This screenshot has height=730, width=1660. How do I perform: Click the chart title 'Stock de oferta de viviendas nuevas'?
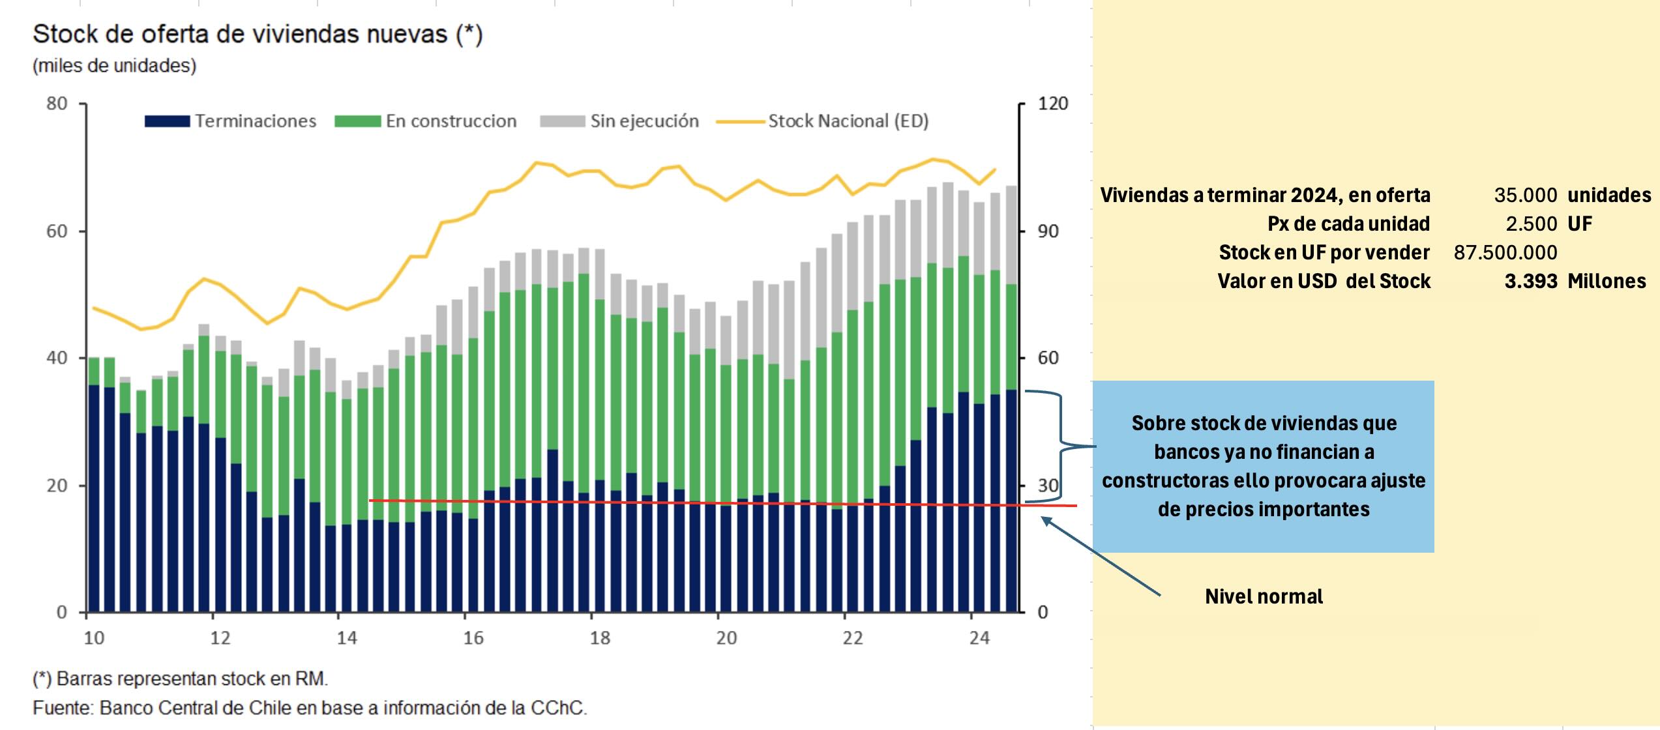pos(257,34)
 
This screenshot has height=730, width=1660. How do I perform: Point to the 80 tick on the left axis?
pos(57,104)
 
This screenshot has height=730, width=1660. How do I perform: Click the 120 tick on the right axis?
pos(1052,104)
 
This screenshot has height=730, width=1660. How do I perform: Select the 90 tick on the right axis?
pos(1048,231)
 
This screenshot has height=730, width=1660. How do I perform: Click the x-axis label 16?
pos(473,638)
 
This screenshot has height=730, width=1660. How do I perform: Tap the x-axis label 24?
pos(979,638)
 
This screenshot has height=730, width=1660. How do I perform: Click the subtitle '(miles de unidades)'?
pos(114,66)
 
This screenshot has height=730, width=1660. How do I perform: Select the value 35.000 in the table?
pos(1525,195)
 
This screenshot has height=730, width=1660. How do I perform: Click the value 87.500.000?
pos(1505,252)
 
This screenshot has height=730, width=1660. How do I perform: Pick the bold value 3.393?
pos(1530,281)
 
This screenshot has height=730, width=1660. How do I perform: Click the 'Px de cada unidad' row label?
pos(1348,224)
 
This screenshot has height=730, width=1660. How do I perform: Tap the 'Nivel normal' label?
pos(1263,596)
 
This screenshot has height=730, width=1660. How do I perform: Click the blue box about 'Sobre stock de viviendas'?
pos(1263,466)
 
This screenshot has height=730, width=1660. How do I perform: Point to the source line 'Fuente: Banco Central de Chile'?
pos(310,708)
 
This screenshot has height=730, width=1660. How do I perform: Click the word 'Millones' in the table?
pos(1607,281)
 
